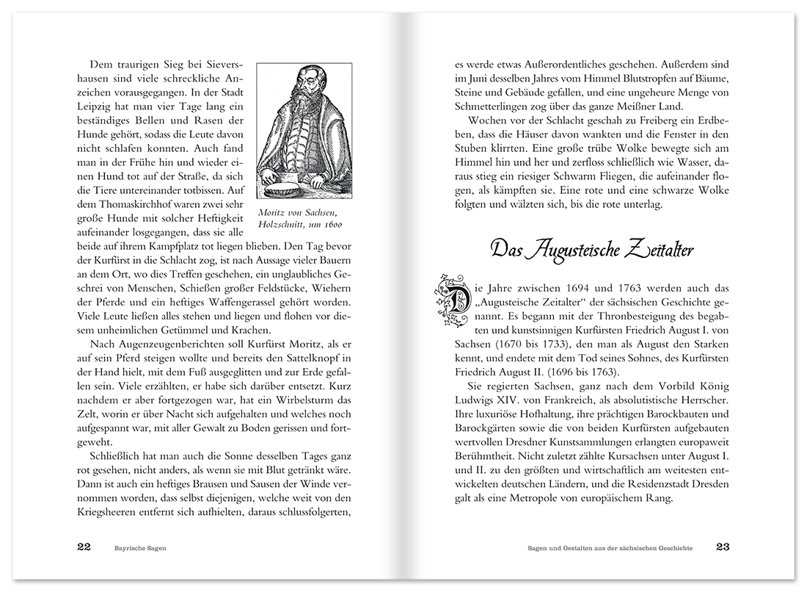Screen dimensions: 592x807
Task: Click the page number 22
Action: coord(84,547)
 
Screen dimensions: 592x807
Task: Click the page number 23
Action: coord(723,547)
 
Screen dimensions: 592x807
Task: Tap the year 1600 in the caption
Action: coord(331,225)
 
